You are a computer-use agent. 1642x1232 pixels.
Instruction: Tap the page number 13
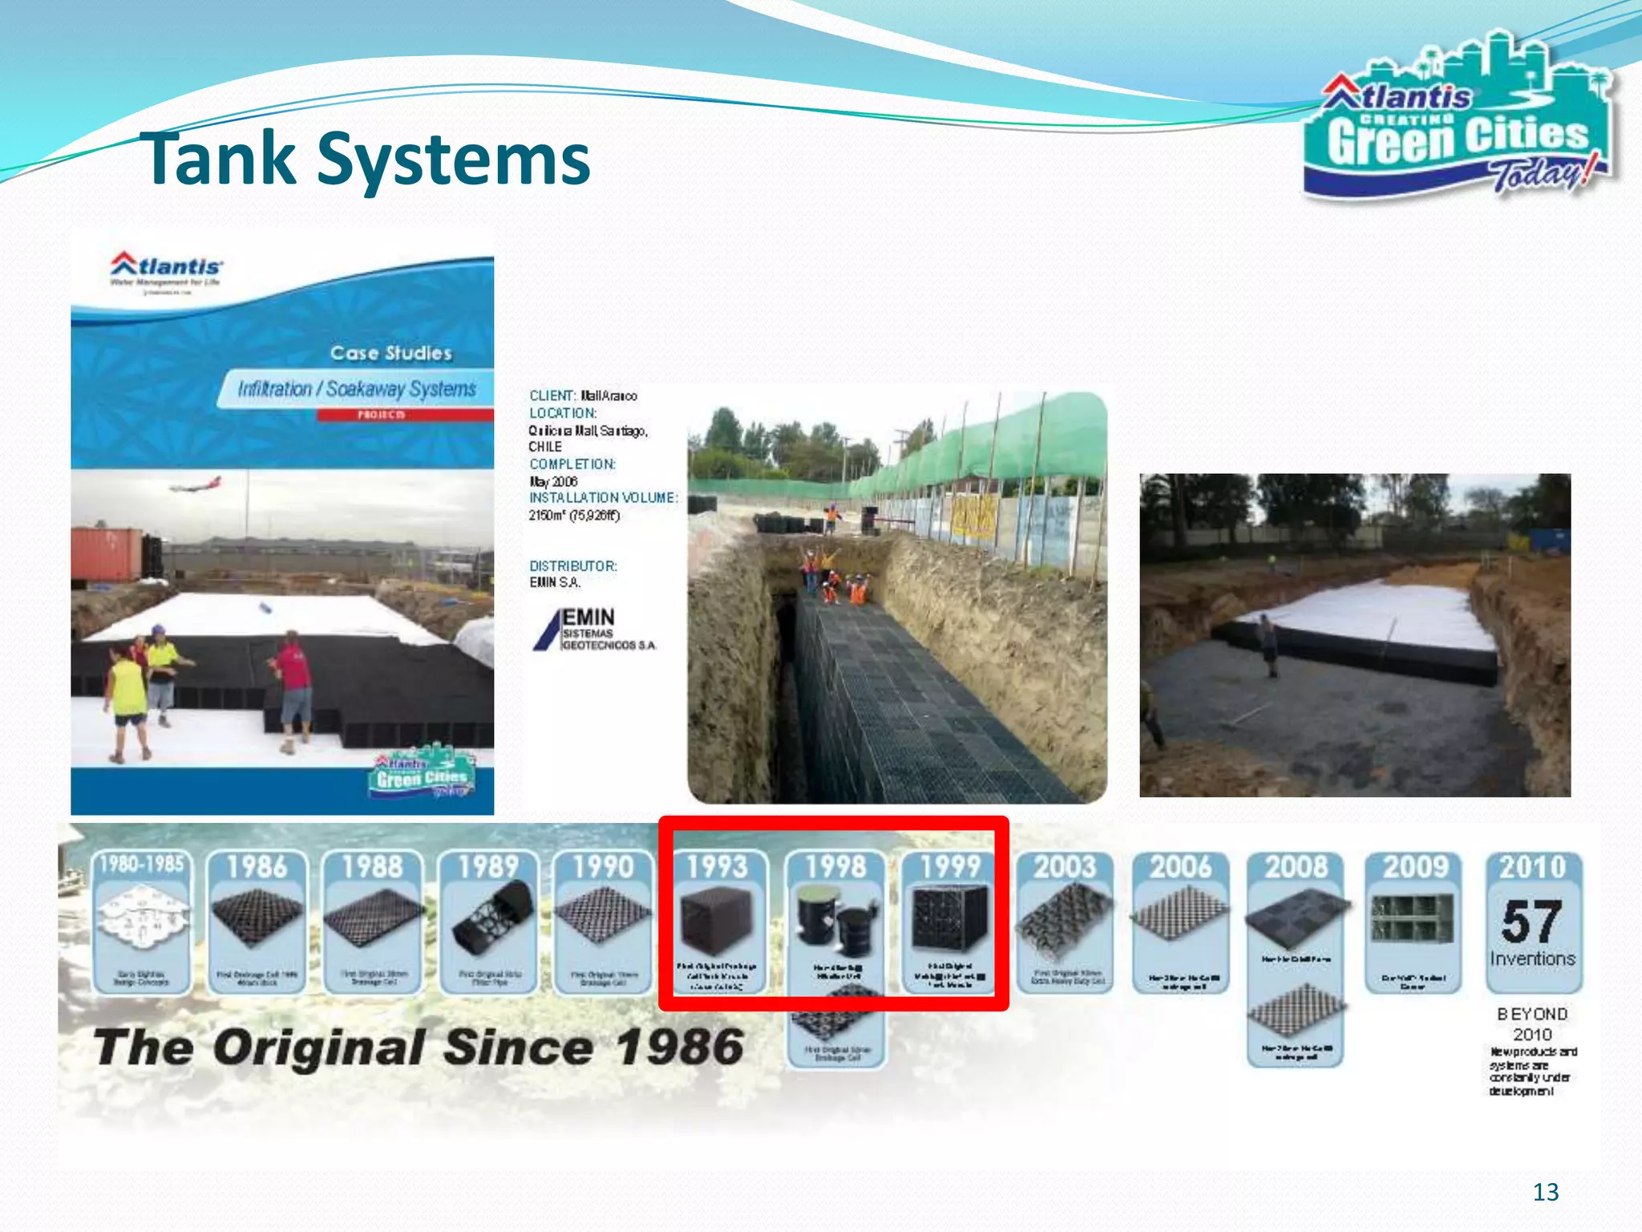pyautogui.click(x=1545, y=1192)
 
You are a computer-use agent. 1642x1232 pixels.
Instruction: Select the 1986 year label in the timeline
pyautogui.click(x=257, y=867)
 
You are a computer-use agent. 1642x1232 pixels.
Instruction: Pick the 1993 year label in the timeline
pyautogui.click(x=717, y=867)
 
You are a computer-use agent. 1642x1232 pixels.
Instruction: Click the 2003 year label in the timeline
pyautogui.click(x=1064, y=867)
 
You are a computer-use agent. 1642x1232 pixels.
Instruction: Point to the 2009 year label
pyautogui.click(x=1414, y=867)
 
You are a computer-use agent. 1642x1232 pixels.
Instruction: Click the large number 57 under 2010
pyautogui.click(x=1531, y=922)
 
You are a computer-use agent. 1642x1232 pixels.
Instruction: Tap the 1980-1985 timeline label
pyautogui.click(x=142, y=864)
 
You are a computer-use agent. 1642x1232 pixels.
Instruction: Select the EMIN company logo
pyautogui.click(x=593, y=630)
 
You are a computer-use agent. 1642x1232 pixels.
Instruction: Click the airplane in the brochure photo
pyautogui.click(x=195, y=484)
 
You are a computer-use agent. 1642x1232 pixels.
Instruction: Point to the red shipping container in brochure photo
pyautogui.click(x=106, y=553)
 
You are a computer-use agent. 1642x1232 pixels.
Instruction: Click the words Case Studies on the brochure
pyautogui.click(x=390, y=353)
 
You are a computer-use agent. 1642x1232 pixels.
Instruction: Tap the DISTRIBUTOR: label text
pyautogui.click(x=572, y=566)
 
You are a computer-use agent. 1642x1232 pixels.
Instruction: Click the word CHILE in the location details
pyautogui.click(x=545, y=447)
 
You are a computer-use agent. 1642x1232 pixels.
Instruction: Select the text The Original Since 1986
pyautogui.click(x=419, y=1048)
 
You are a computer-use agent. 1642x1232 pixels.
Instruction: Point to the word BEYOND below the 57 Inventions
pyautogui.click(x=1531, y=1014)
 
